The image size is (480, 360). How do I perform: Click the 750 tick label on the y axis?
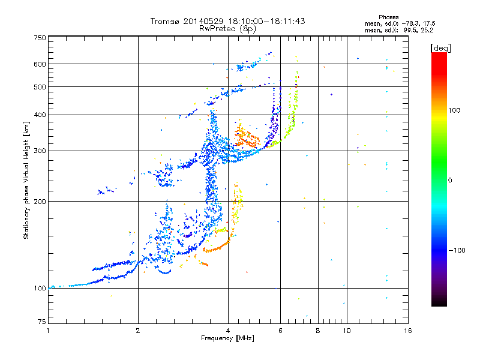click(x=40, y=37)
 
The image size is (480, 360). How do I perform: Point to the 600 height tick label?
click(x=40, y=64)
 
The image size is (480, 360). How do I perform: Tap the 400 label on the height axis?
click(x=40, y=115)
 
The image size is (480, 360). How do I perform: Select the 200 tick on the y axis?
click(x=40, y=201)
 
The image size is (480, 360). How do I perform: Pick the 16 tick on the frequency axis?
click(x=408, y=331)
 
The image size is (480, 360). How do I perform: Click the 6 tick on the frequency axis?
click(x=280, y=331)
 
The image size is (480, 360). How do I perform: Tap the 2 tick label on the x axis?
click(x=138, y=331)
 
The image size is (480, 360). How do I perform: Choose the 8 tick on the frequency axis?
click(x=317, y=331)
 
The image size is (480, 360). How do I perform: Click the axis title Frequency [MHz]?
click(x=227, y=338)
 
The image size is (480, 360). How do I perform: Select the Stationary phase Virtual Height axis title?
click(x=26, y=180)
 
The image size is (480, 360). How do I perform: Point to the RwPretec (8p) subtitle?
click(x=227, y=28)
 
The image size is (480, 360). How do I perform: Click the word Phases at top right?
click(x=389, y=17)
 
